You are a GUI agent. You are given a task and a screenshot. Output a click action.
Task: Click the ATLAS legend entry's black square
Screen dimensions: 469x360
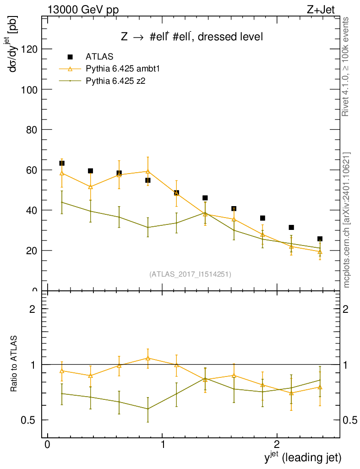click(x=70, y=57)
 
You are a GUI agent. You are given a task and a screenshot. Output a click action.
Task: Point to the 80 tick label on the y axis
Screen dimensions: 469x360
click(x=31, y=130)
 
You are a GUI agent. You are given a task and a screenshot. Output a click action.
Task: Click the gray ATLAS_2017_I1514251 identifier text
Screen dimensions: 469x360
click(x=190, y=274)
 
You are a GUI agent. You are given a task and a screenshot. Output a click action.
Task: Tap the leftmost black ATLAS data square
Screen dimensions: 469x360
click(x=62, y=163)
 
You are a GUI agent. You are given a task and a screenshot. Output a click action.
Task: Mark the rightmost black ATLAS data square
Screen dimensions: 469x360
click(x=320, y=239)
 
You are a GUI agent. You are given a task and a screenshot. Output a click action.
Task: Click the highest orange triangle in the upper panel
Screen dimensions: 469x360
click(x=147, y=171)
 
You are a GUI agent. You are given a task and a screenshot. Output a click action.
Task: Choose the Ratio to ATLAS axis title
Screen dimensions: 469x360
click(x=15, y=364)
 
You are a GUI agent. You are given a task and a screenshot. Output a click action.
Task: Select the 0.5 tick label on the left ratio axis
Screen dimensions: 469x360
click(x=29, y=420)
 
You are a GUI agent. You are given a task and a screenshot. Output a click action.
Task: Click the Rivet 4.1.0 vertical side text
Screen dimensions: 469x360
click(x=346, y=67)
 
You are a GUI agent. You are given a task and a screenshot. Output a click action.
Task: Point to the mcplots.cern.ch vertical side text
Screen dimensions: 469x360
click(x=346, y=220)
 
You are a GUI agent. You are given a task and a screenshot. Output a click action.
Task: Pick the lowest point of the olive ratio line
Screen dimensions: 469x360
click(x=147, y=409)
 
